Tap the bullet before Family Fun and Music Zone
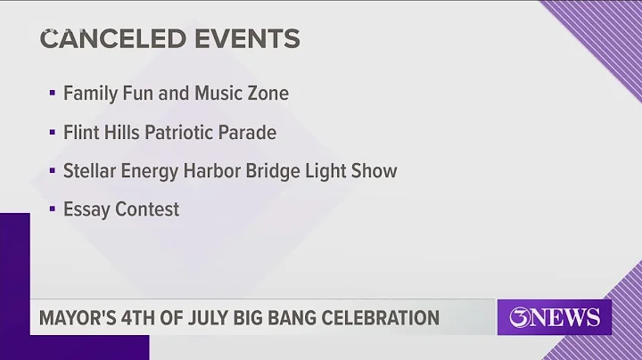pyautogui.click(x=53, y=94)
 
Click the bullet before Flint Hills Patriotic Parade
pyautogui.click(x=53, y=133)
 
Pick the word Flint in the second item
pyautogui.click(x=80, y=132)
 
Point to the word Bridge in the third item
pyautogui.click(x=278, y=170)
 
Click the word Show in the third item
pyautogui.click(x=374, y=170)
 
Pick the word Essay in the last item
pyautogui.click(x=83, y=210)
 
